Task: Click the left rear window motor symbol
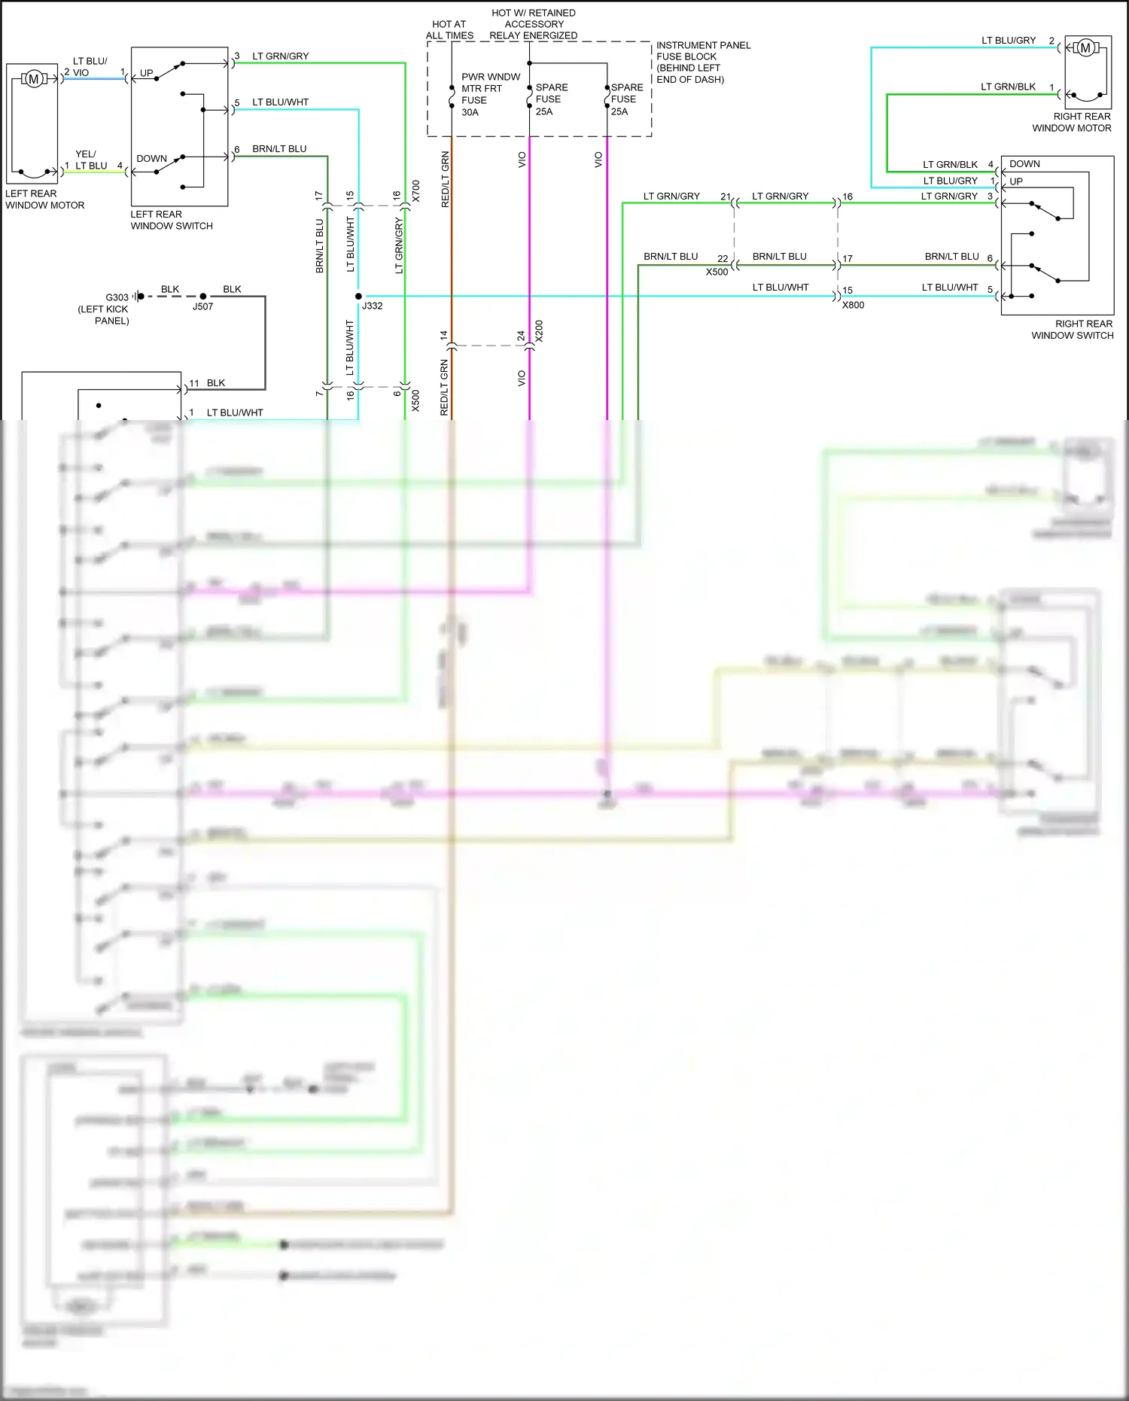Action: [x=33, y=78]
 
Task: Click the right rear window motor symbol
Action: [x=1085, y=48]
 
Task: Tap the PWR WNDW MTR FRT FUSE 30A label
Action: [x=482, y=94]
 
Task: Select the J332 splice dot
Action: [x=358, y=296]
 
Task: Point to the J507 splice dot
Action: [x=202, y=297]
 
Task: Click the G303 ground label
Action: [x=117, y=297]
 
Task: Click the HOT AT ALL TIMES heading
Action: [x=449, y=29]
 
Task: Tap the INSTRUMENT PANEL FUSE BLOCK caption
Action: [x=702, y=62]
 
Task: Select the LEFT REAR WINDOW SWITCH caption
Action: [x=172, y=220]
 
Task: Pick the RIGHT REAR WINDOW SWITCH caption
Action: [x=1073, y=330]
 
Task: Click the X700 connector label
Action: [x=416, y=191]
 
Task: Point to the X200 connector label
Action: [x=539, y=331]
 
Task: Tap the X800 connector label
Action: [x=853, y=305]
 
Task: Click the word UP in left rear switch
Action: [x=147, y=73]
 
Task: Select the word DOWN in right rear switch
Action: [x=1024, y=163]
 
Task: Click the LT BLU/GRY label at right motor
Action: [x=1009, y=40]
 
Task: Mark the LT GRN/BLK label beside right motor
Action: [x=1008, y=87]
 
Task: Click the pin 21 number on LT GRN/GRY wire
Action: [x=725, y=196]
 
